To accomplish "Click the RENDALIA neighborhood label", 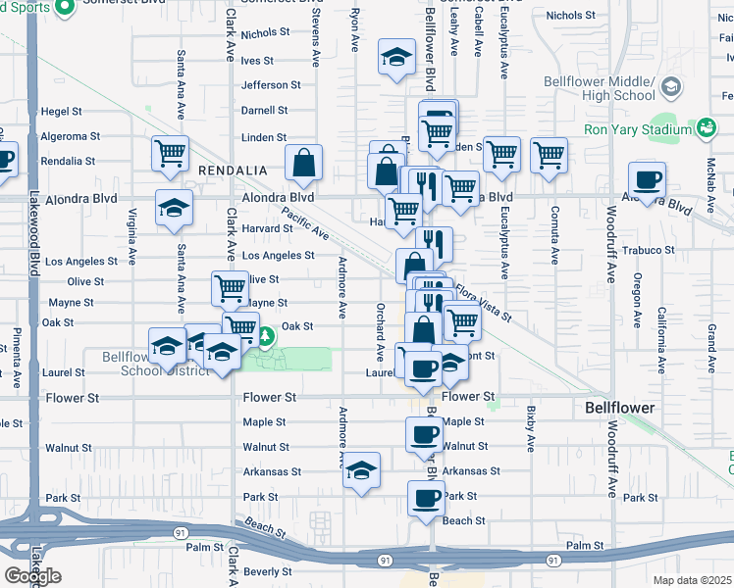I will (233, 171).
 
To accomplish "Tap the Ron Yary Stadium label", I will (639, 128).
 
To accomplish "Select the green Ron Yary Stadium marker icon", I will (707, 127).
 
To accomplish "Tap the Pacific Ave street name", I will (305, 222).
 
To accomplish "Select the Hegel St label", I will (74, 112).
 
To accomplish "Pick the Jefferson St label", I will (270, 85).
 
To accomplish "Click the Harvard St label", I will (267, 228).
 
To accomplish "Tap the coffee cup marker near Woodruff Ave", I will (648, 180).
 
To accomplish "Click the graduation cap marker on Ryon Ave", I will (396, 58).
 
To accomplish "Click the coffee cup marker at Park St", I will (426, 498).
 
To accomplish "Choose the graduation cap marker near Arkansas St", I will (362, 472).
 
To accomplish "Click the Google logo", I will (32, 575).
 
